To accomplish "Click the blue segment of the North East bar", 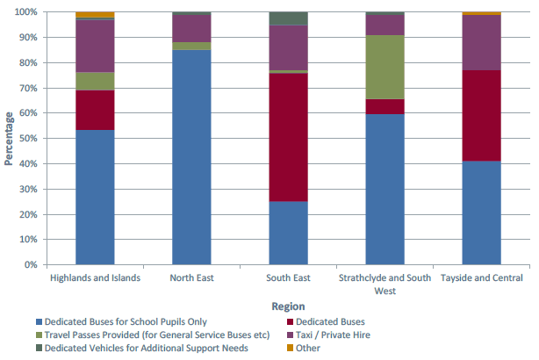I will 191,158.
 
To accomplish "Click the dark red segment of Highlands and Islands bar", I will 95,110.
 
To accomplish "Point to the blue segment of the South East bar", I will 288,233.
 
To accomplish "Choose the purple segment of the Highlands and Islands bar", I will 95,46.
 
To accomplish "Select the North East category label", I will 191,278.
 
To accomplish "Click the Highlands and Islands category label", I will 95,278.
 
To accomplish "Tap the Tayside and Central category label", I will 481,278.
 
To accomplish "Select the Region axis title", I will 288,306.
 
